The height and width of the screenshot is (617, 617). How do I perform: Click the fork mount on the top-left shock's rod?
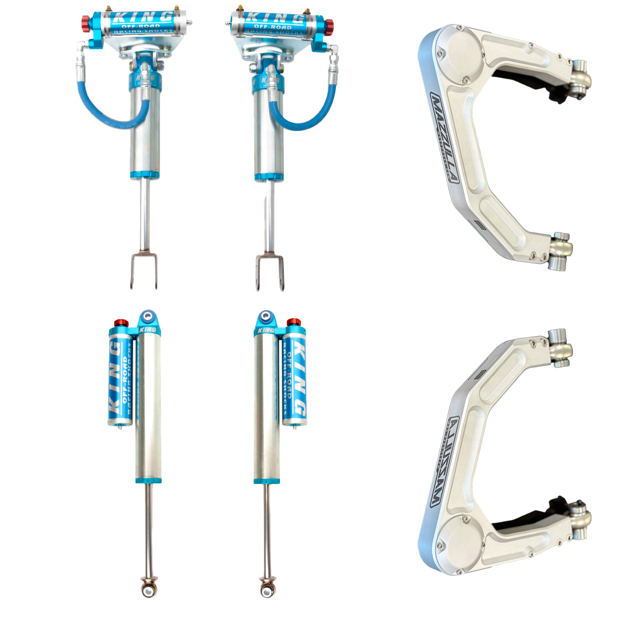coord(143,271)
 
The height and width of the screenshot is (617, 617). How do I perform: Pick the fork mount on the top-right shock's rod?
coord(269,271)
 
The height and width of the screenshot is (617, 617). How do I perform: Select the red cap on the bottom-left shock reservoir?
coord(121,323)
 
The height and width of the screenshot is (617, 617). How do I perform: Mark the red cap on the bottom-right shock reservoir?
coord(294,323)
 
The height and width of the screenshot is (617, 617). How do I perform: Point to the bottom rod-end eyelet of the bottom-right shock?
coord(267,587)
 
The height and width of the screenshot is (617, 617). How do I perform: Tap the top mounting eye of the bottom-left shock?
coord(149,315)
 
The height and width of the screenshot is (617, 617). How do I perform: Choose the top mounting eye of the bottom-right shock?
coord(265,316)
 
